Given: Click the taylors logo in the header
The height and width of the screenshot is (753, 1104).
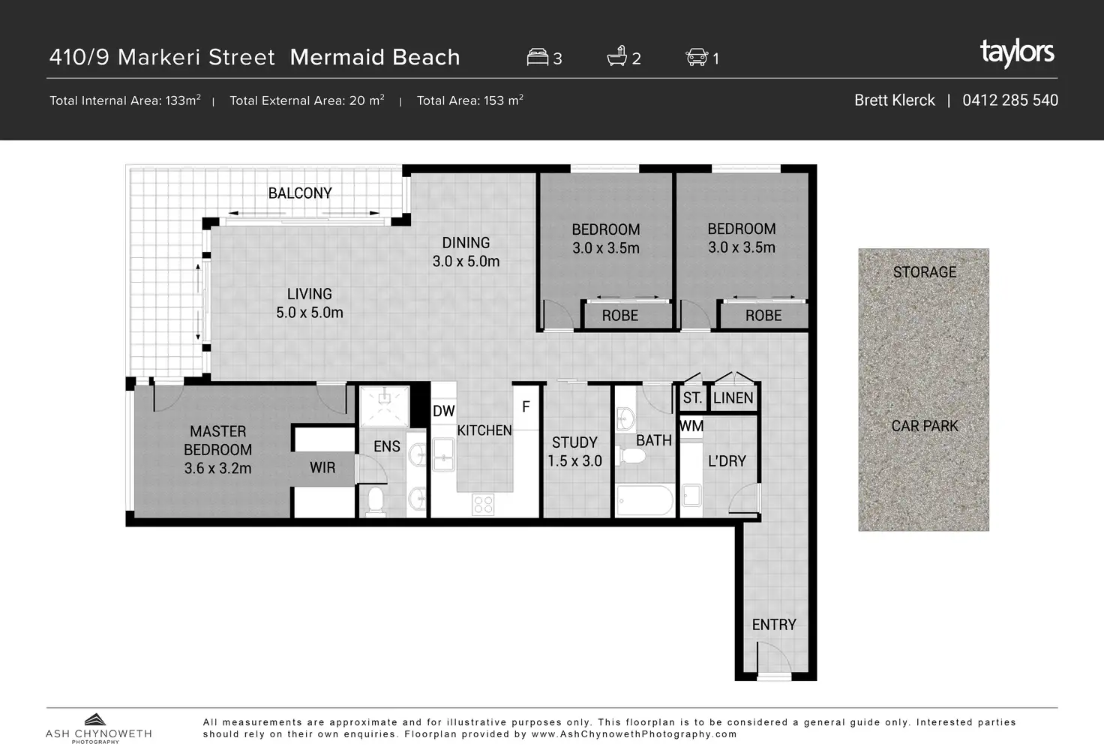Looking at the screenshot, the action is (1017, 53).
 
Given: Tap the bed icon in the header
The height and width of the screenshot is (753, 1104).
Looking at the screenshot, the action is (537, 57).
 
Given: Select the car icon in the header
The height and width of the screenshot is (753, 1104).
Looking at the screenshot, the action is (697, 57).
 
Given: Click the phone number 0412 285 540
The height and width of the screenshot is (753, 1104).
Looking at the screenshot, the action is (1009, 100).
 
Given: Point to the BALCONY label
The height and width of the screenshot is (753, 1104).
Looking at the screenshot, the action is (300, 193).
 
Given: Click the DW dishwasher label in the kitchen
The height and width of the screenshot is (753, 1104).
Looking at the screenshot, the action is (443, 411).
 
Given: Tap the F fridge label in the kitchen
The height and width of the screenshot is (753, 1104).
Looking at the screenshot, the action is (526, 407).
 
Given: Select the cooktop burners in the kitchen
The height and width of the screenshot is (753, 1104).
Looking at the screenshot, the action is (483, 504).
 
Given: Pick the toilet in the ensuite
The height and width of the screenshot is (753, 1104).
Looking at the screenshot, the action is (376, 502).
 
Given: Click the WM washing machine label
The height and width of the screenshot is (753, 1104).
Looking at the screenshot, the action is (691, 426).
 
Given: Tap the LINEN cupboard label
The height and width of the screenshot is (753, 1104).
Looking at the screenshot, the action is (733, 398).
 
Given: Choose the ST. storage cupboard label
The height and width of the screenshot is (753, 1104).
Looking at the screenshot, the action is (692, 397).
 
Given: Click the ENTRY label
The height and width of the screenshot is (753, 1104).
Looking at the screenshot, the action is (774, 625).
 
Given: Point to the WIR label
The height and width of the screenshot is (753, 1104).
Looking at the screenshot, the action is (322, 468).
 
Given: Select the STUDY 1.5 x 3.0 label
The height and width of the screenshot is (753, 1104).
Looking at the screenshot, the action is (574, 452).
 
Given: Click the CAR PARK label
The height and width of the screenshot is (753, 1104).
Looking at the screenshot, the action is (925, 426).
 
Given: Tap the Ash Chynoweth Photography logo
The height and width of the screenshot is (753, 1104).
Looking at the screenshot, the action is (98, 728).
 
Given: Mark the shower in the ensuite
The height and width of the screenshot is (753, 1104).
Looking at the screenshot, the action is (385, 406).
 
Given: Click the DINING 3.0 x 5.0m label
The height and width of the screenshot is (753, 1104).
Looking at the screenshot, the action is (466, 252).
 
